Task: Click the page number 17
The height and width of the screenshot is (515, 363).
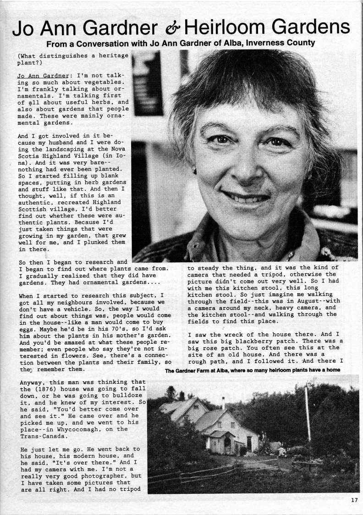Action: click(354, 500)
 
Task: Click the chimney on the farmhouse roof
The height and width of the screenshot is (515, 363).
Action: click(223, 403)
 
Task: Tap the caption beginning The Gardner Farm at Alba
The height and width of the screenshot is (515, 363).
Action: click(253, 370)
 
